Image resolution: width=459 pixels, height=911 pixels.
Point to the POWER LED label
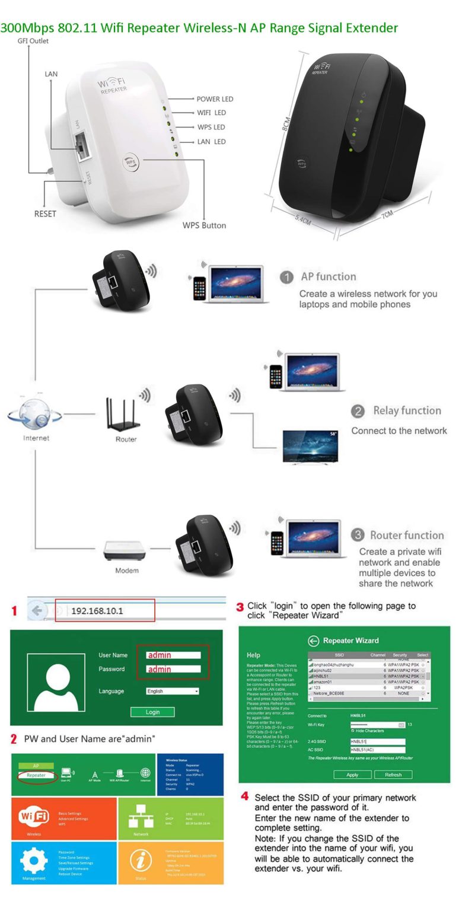coord(215,99)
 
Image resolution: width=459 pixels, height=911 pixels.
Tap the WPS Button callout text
coord(204,225)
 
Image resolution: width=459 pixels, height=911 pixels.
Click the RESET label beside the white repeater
coord(45,214)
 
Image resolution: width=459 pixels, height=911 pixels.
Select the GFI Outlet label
coord(33,41)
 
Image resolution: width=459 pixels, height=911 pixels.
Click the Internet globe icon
coord(35,413)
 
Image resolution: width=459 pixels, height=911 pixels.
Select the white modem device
coord(125,551)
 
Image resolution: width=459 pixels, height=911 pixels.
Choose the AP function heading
coord(328,276)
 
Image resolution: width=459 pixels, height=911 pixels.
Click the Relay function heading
coord(407,410)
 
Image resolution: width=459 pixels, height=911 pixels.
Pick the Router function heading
coord(407,535)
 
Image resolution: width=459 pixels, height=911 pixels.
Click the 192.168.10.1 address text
coord(97,610)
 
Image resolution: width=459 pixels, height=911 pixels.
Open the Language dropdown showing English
coord(173,691)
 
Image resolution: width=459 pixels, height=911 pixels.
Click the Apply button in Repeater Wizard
coord(352,775)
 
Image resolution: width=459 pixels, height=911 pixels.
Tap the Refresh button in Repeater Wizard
coord(393,775)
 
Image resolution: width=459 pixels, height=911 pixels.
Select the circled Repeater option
coord(36,775)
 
